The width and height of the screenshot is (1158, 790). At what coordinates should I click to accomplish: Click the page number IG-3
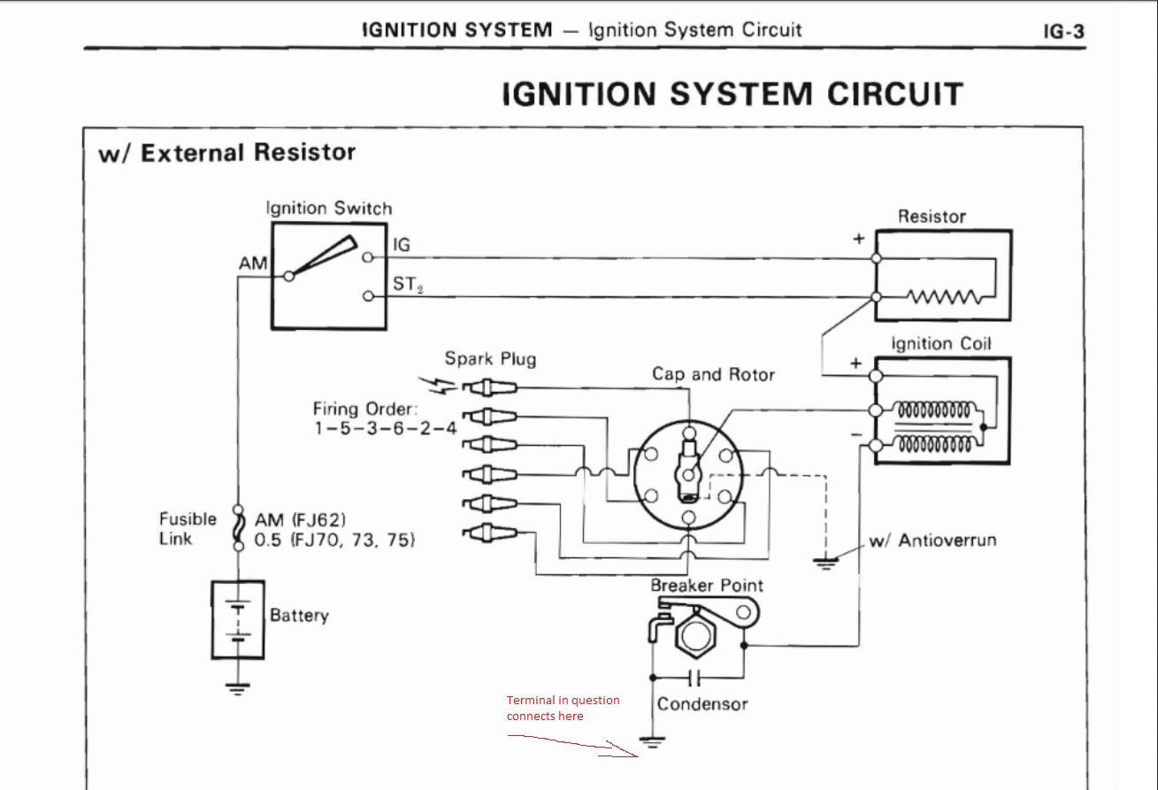(x=1064, y=32)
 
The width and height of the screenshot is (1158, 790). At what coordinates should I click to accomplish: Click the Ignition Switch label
(x=329, y=209)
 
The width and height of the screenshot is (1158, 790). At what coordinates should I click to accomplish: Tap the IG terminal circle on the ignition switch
(x=367, y=257)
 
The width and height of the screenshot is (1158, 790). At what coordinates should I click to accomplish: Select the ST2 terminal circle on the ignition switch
(x=367, y=296)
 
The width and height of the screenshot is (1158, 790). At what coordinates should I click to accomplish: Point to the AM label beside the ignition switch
(x=253, y=264)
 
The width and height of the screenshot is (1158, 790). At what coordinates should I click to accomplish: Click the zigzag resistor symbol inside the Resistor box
(x=943, y=296)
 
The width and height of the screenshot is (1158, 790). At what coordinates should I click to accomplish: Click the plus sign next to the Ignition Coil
(x=855, y=364)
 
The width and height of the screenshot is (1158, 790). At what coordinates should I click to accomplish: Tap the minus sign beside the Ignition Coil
(x=856, y=435)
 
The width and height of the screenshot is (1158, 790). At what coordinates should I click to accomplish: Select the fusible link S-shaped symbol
(x=238, y=528)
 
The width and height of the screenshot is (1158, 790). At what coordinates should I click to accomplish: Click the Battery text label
(x=299, y=616)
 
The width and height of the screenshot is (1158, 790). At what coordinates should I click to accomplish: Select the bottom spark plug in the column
(x=489, y=533)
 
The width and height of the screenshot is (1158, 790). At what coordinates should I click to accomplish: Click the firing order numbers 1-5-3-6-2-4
(x=386, y=428)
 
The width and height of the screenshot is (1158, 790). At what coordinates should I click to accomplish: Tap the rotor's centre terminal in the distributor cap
(x=688, y=475)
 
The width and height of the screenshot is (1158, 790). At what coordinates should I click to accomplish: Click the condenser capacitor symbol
(x=695, y=678)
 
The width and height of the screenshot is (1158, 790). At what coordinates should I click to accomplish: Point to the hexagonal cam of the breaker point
(x=694, y=636)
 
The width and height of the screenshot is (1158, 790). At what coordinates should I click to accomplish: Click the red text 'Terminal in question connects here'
(x=563, y=708)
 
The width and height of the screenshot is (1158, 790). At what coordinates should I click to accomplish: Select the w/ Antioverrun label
(x=932, y=541)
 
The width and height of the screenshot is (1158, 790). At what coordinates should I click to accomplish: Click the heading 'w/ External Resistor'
(x=227, y=153)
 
